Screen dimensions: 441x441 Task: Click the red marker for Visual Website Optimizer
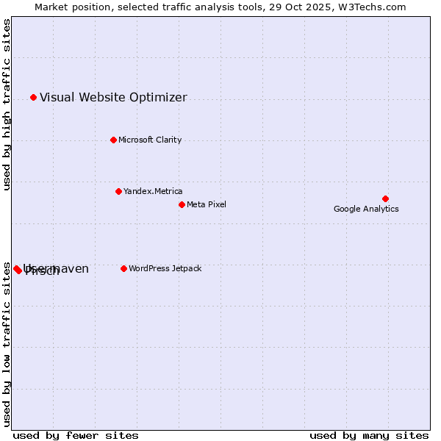[x=33, y=97]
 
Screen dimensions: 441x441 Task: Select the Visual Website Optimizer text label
[x=113, y=97]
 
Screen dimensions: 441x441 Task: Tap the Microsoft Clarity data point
[x=113, y=140]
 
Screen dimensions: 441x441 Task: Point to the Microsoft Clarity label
[x=150, y=140]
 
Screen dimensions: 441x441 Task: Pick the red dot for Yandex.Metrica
[x=118, y=191]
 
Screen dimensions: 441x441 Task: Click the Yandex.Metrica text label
[x=153, y=191]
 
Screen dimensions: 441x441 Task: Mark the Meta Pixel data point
[x=182, y=204]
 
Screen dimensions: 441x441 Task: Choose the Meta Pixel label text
[x=207, y=204]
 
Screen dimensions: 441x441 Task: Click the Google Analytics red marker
[x=385, y=198]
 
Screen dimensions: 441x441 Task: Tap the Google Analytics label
[x=366, y=209]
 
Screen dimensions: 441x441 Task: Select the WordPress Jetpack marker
[x=123, y=268]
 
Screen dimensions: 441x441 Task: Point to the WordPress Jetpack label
[x=165, y=268]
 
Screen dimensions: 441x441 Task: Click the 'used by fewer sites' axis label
[x=76, y=435]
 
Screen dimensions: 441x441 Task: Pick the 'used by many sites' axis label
[x=369, y=435]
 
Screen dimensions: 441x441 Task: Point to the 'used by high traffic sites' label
[x=7, y=104]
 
